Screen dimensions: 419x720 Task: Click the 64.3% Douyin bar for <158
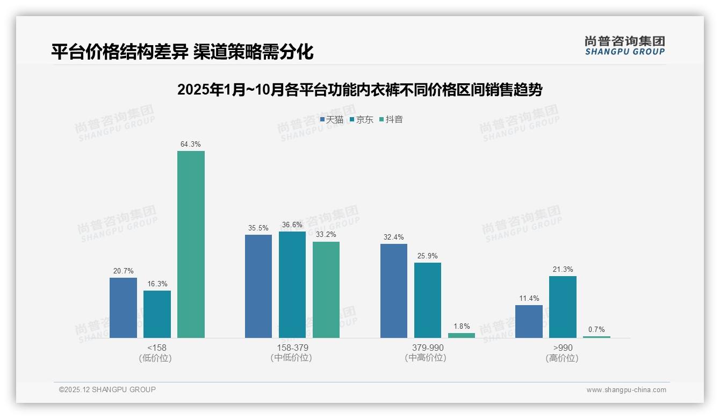(191, 244)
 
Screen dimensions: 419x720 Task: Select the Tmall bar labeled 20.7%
(123, 308)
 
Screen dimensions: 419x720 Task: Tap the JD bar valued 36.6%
(292, 285)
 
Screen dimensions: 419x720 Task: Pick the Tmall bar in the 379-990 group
(394, 291)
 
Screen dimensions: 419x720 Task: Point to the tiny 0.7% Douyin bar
(596, 337)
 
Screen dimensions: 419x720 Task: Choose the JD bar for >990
(563, 307)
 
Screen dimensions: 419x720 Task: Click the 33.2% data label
(326, 235)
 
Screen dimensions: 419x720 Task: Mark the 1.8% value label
(462, 326)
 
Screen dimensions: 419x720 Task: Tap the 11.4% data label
(529, 298)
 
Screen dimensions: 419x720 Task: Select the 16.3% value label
(157, 284)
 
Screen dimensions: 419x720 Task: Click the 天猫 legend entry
(332, 119)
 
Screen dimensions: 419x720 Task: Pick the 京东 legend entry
(362, 119)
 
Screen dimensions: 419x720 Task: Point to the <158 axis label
(156, 348)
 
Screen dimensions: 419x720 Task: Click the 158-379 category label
(292, 348)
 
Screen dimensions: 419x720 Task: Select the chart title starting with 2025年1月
(359, 90)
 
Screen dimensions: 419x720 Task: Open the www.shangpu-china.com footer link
(626, 389)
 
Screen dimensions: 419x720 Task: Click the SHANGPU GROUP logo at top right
(624, 45)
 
